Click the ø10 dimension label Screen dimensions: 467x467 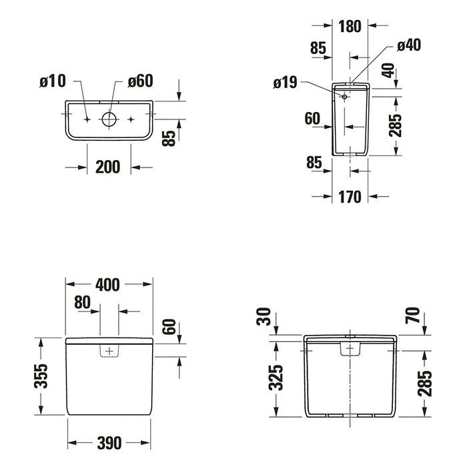53,81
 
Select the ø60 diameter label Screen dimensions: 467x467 140,81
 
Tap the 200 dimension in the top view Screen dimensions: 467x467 107,167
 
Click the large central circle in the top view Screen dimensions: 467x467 109,119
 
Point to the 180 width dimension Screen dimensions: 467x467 350,27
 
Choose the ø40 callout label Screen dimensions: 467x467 408,45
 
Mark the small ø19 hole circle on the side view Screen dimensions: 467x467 344,97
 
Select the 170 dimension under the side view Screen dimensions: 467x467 350,197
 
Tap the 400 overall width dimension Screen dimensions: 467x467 107,285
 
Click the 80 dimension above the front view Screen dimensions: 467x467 82,302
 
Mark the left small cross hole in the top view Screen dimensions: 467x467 87,119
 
